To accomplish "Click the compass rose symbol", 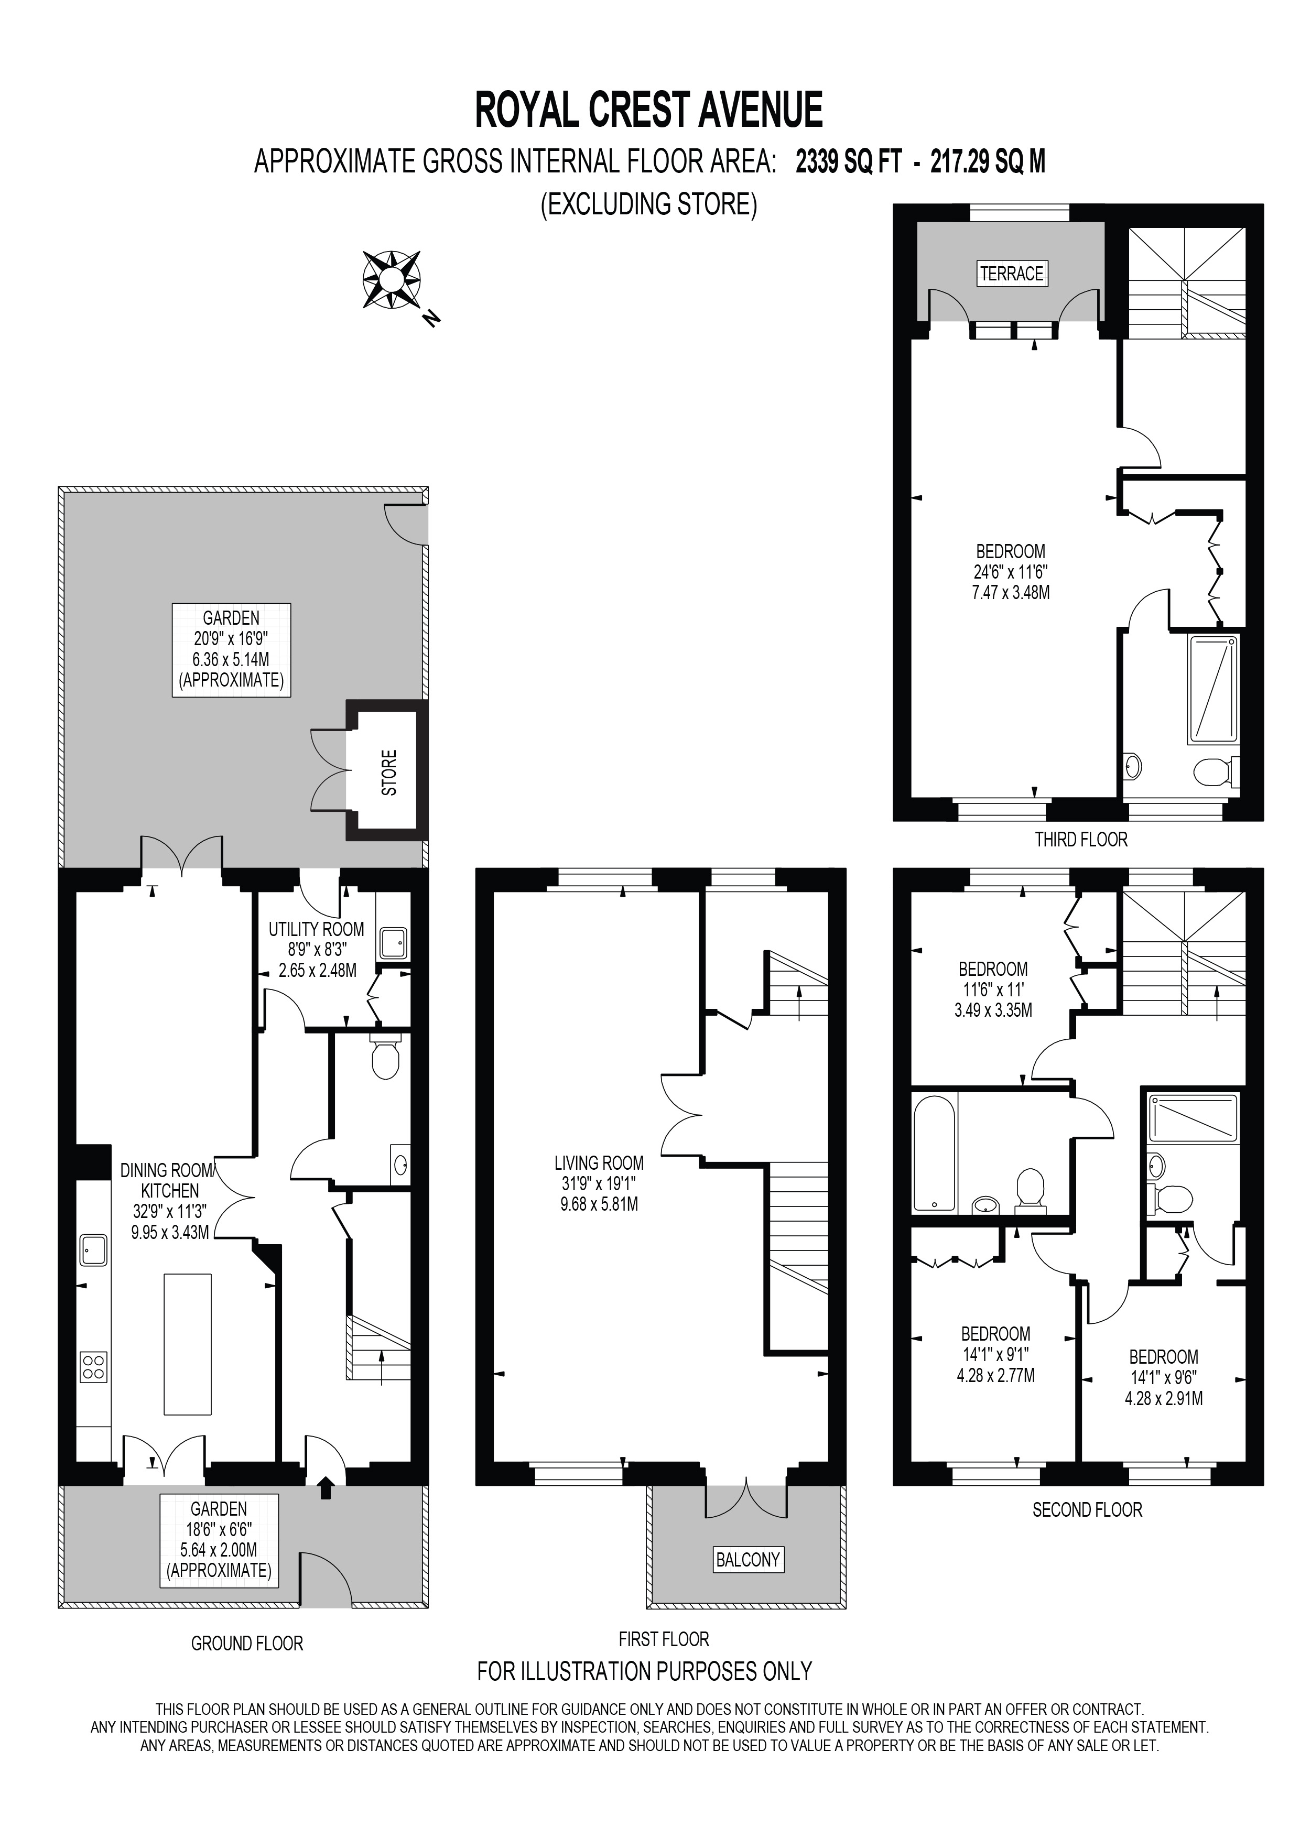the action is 392,279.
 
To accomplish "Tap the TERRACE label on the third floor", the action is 1012,274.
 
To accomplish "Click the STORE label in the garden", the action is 389,773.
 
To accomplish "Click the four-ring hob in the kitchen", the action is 94,1366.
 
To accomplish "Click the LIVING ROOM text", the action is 599,1163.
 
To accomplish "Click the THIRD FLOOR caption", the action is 1081,840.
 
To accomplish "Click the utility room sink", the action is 394,943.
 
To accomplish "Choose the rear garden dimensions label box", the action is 231,650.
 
